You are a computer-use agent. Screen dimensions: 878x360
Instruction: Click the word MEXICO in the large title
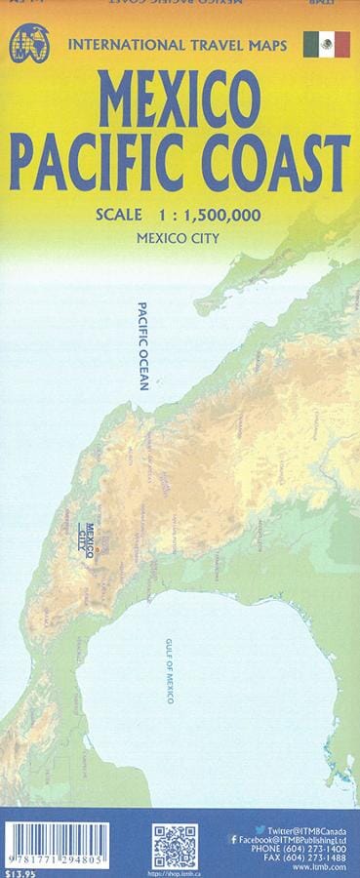click(180, 101)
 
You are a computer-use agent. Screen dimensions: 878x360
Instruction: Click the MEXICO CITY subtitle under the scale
click(177, 237)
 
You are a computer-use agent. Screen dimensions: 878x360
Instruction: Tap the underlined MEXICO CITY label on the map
click(95, 530)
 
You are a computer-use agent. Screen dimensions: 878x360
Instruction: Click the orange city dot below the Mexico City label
click(96, 551)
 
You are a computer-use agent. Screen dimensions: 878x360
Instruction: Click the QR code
click(176, 846)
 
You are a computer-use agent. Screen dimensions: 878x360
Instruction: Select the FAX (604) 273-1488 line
click(311, 860)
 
